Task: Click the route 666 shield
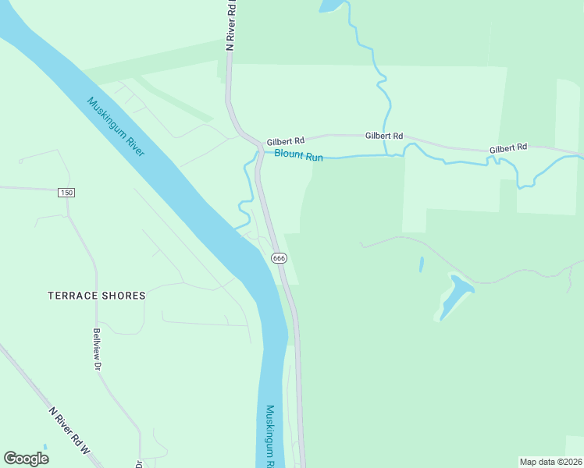(x=278, y=257)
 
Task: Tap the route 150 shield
(x=65, y=192)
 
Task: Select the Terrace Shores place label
(x=97, y=296)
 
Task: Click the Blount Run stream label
(x=298, y=156)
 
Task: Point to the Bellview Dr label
(x=98, y=349)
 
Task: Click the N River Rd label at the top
(x=230, y=25)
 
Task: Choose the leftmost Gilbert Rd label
(x=285, y=142)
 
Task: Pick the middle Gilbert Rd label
(x=384, y=136)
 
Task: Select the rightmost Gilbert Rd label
(x=508, y=147)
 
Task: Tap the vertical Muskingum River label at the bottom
(x=269, y=435)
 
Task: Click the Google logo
(x=26, y=459)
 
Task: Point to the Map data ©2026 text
(x=550, y=461)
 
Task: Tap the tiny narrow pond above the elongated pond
(x=422, y=264)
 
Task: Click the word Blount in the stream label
(x=288, y=155)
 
